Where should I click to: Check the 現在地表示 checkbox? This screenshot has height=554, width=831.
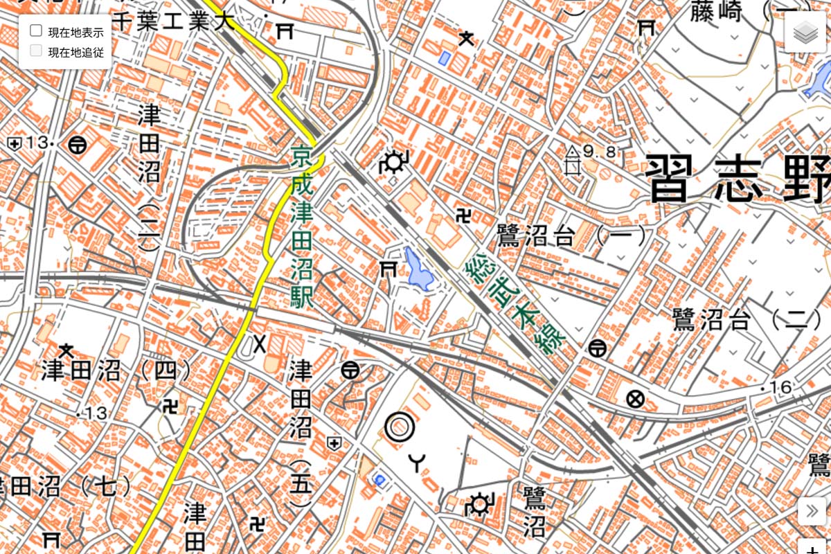click(37, 31)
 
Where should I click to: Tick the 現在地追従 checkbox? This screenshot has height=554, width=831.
click(37, 51)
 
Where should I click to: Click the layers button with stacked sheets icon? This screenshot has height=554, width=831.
click(805, 32)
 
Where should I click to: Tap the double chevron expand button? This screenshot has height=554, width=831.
click(812, 512)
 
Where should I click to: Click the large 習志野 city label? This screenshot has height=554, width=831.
click(738, 178)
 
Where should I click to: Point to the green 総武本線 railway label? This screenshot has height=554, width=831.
click(517, 305)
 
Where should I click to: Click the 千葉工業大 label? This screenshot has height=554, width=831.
click(173, 21)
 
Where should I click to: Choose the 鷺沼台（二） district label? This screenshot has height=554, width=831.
click(742, 319)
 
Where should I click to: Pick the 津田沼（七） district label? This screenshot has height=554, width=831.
click(66, 486)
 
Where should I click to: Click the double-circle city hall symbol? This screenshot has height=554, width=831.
click(400, 427)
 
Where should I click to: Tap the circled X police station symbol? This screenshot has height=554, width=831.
click(634, 399)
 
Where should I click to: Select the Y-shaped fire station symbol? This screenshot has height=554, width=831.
click(417, 461)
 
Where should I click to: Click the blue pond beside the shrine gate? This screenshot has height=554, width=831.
click(419, 269)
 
